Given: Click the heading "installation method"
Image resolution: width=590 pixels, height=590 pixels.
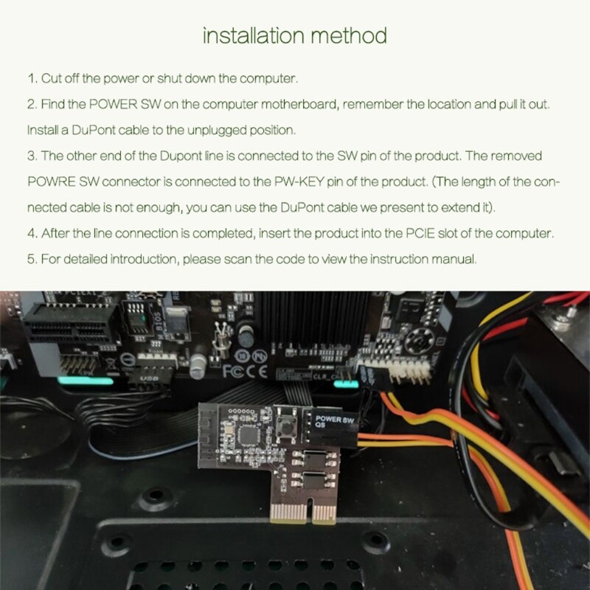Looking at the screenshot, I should point(294,35).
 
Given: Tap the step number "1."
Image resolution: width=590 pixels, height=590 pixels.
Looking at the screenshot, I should point(32,77).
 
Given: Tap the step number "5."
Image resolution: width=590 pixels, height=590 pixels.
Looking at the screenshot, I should point(32,260).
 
